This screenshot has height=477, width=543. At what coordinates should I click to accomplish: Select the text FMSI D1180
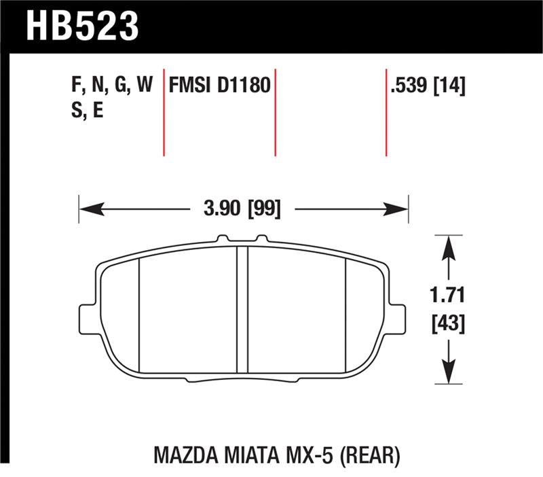220,86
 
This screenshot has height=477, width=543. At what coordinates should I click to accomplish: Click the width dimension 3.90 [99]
243,207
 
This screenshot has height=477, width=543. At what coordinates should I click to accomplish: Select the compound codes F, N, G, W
111,86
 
